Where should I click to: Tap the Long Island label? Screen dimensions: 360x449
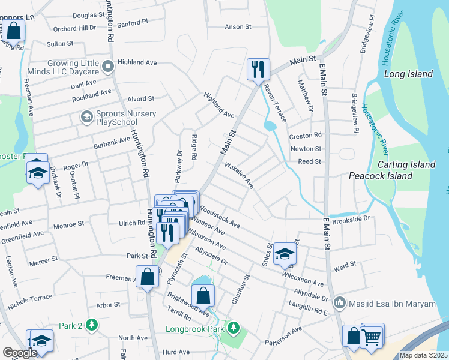click(408, 74)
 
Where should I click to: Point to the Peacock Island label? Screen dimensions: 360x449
click(381, 176)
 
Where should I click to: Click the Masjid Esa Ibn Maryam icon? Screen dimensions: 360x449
click(340, 304)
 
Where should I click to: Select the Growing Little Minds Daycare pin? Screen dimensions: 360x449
click(109, 66)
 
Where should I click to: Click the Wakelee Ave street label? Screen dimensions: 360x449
click(240, 174)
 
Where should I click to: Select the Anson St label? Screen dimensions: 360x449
click(237, 27)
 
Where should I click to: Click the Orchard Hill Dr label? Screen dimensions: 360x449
click(74, 28)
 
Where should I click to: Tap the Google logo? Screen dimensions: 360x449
click(19, 353)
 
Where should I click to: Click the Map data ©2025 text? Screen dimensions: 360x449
click(424, 355)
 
